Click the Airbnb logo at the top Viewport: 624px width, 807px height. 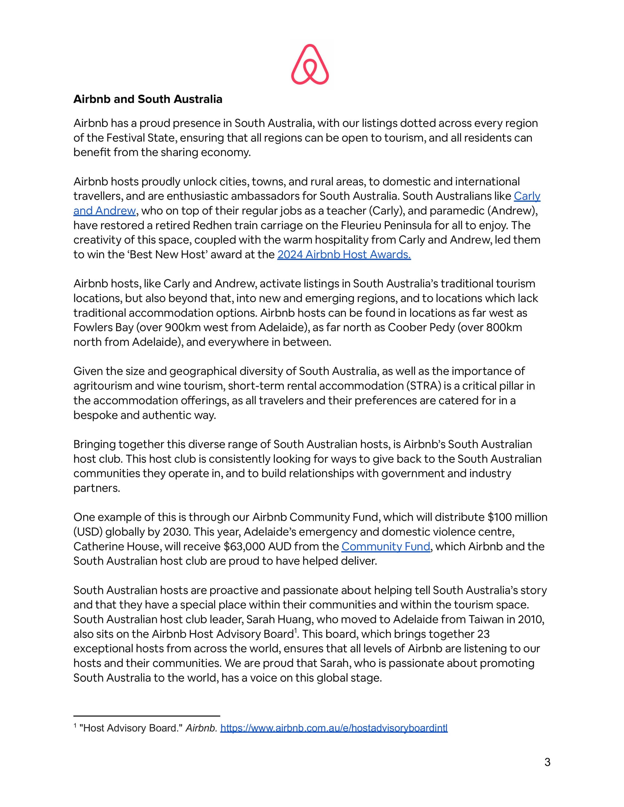point(310,65)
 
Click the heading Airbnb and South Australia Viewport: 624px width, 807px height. point(148,99)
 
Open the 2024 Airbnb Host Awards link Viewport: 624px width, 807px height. point(344,254)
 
